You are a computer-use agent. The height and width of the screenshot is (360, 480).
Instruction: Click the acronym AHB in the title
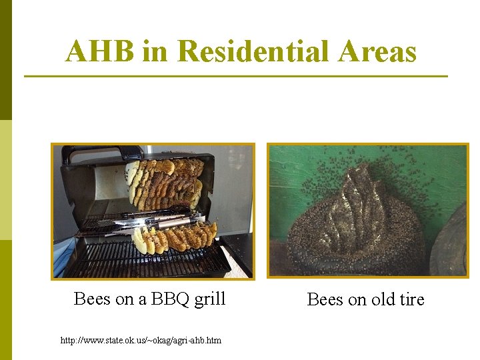(100, 51)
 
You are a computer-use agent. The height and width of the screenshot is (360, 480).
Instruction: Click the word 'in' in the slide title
(155, 51)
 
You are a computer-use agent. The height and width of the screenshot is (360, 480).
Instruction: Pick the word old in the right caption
(383, 299)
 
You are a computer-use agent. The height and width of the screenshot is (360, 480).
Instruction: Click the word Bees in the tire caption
(325, 299)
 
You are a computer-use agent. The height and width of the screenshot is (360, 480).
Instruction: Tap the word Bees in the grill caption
(92, 299)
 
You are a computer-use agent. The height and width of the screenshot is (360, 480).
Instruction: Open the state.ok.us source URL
(141, 341)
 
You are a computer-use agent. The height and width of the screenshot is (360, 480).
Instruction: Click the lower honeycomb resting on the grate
(175, 239)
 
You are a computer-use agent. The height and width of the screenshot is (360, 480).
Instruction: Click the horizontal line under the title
(236, 76)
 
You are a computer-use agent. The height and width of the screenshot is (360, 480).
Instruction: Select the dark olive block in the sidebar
(6, 60)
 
